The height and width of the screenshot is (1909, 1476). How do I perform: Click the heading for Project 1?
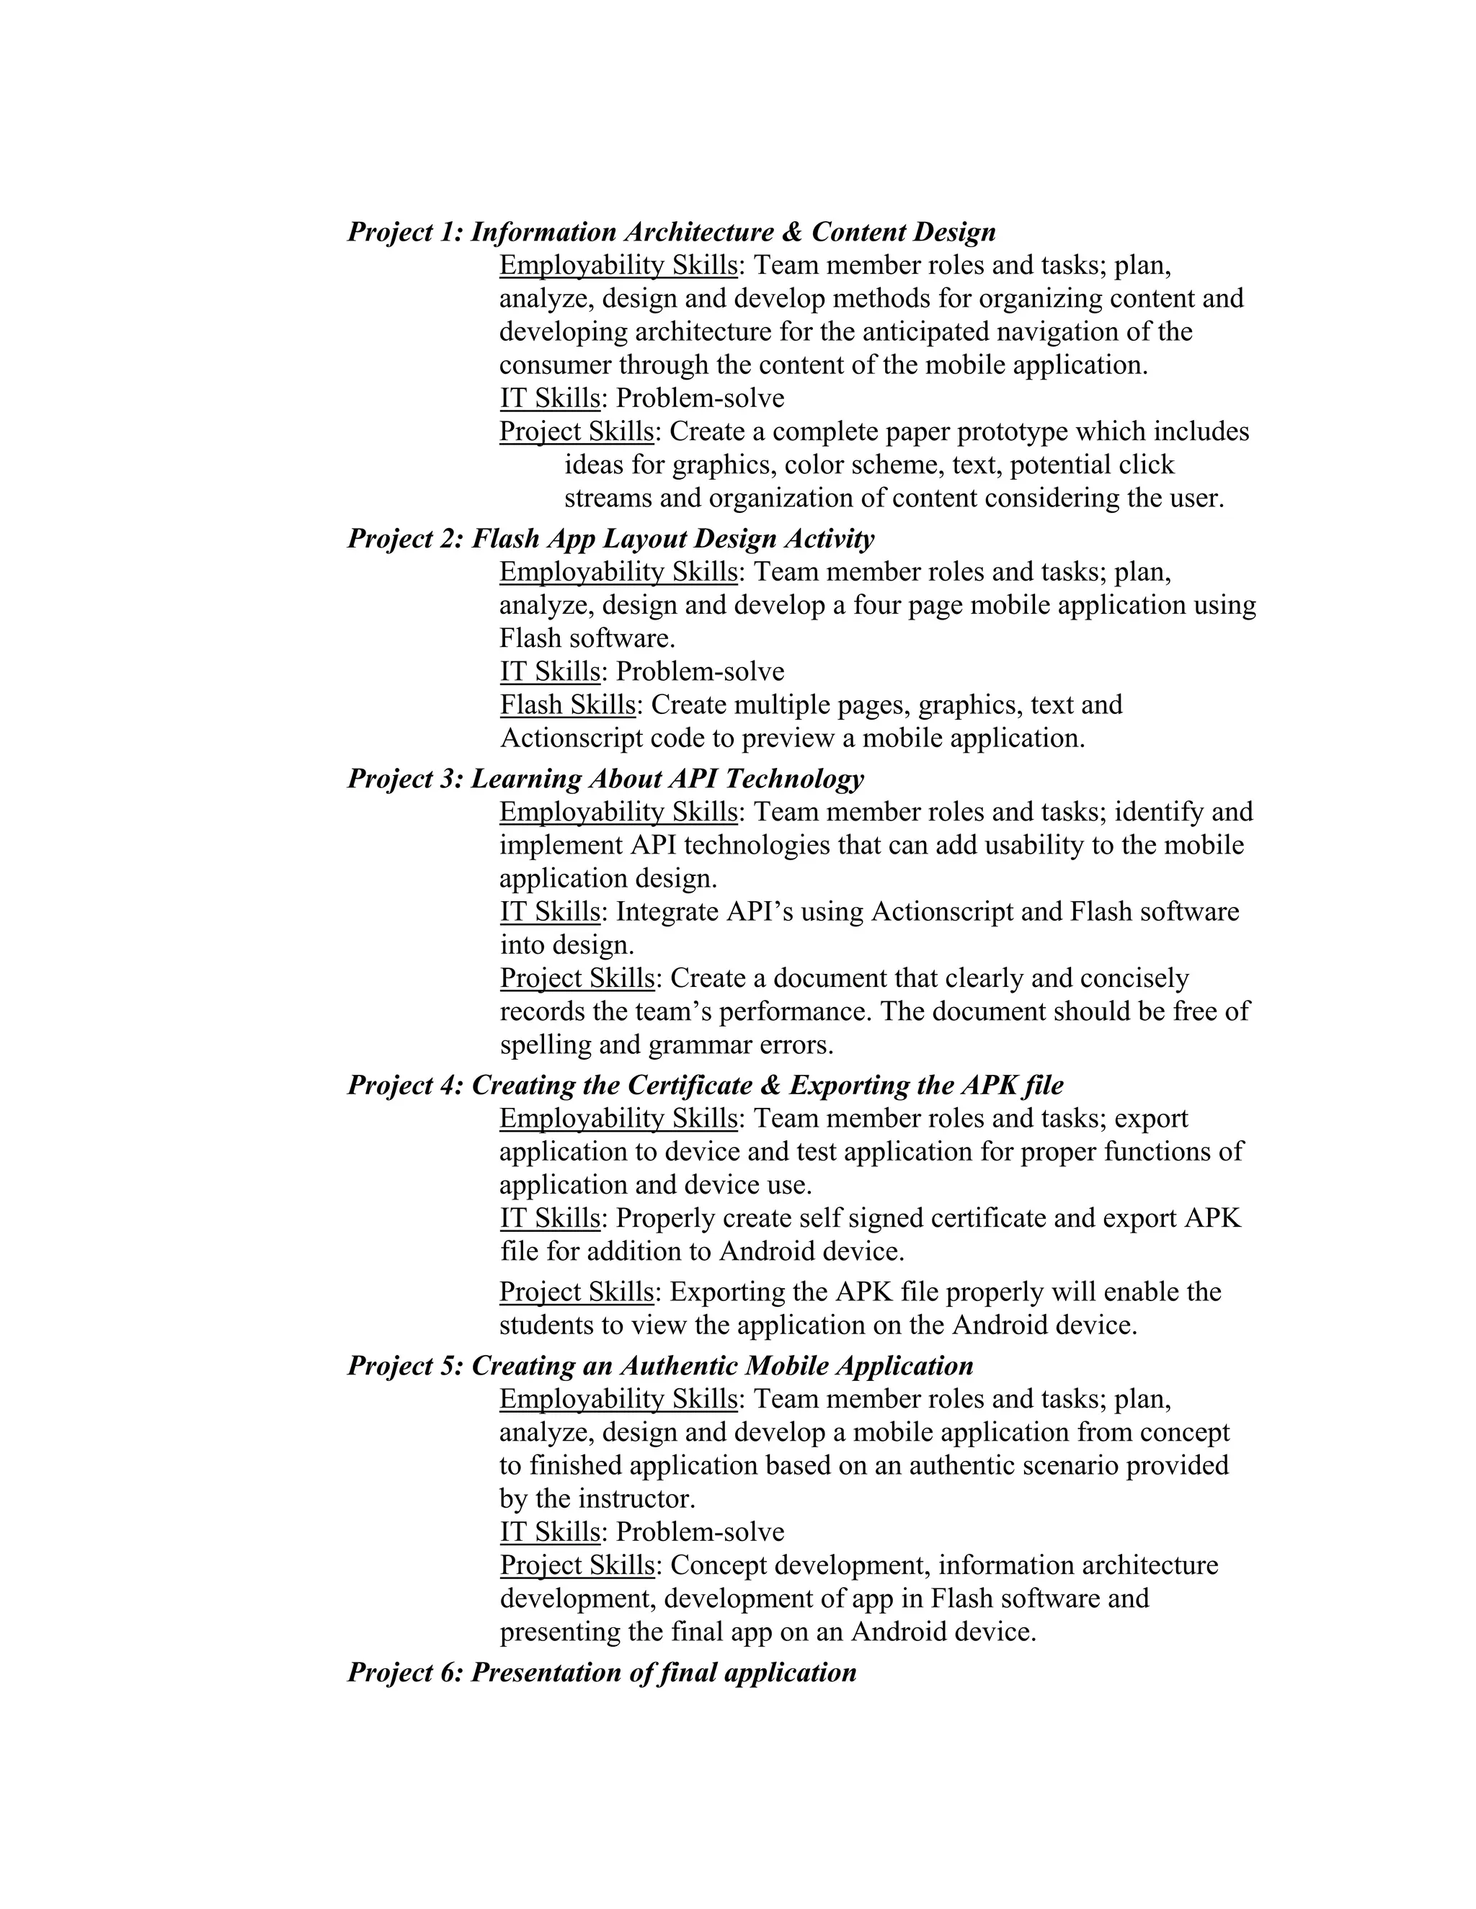(671, 232)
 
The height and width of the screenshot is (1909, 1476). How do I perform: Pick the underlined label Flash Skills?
(567, 705)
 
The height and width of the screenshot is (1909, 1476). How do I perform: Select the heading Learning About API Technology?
(667, 778)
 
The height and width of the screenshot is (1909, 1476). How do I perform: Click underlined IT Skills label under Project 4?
(550, 1217)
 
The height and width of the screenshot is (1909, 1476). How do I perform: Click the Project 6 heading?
(602, 1672)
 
